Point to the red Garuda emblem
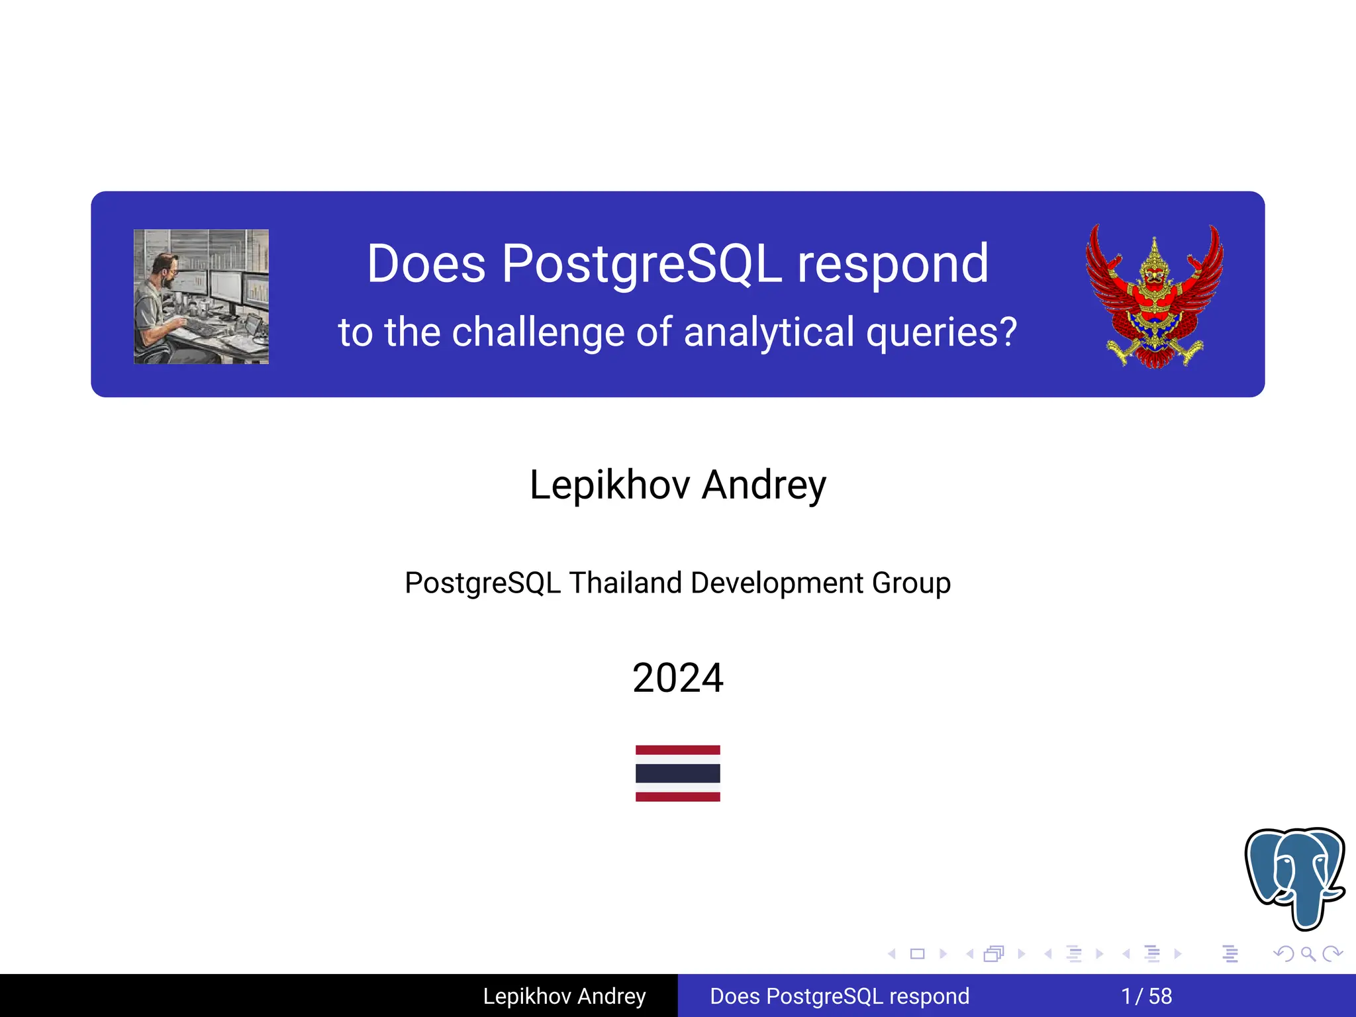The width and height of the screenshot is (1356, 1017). [x=1154, y=296]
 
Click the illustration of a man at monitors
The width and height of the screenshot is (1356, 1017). [x=201, y=297]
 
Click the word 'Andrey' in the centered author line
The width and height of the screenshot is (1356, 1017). [x=764, y=485]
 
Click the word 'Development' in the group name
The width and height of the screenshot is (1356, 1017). [x=777, y=583]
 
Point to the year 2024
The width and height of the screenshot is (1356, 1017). [x=678, y=678]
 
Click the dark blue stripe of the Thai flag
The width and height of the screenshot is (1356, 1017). [x=678, y=773]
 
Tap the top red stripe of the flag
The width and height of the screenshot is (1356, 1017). [x=678, y=750]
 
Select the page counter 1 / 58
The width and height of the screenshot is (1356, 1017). [x=1146, y=996]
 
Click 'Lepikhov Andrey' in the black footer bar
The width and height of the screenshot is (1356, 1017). [x=564, y=996]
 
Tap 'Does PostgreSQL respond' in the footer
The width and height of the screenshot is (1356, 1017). [x=840, y=996]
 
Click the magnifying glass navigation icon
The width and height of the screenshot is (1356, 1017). [x=1308, y=954]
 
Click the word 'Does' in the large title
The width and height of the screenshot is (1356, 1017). [x=426, y=264]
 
